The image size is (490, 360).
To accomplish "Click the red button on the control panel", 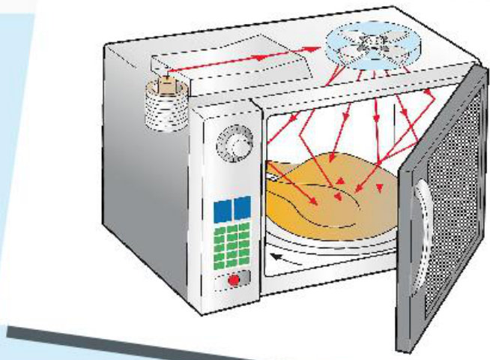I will click(233, 280).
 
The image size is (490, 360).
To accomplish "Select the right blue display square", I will click(242, 208).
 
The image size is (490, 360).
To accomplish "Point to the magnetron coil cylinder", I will click(164, 107).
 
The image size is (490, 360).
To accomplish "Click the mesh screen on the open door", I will click(450, 225).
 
